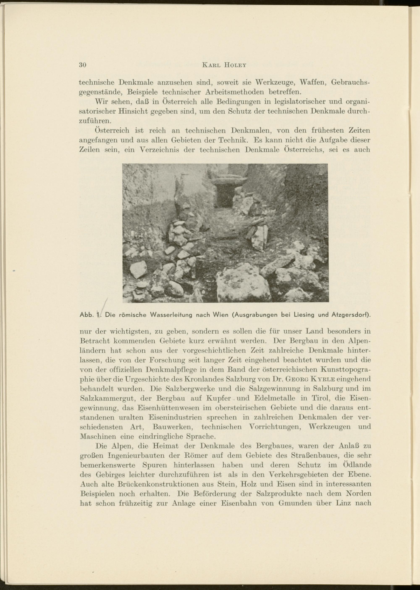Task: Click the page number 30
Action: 83,65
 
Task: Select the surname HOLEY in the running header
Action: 235,65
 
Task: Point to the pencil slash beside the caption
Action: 105,306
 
